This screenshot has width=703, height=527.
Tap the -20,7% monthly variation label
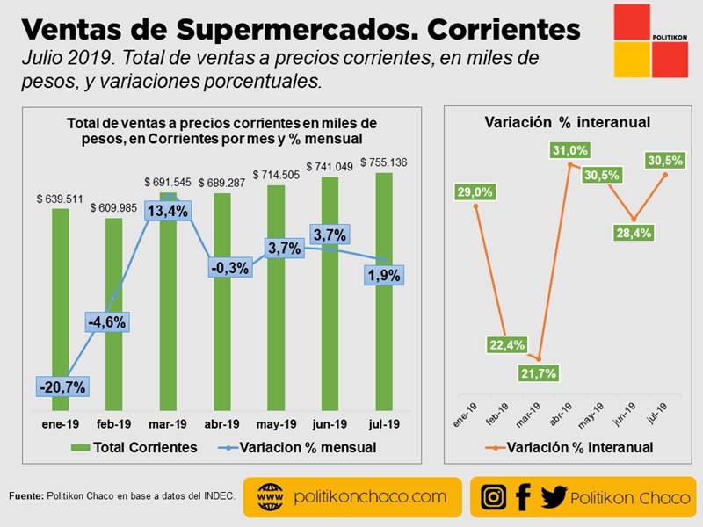click(61, 386)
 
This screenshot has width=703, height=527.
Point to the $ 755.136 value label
click(383, 163)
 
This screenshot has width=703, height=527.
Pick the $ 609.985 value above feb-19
click(114, 207)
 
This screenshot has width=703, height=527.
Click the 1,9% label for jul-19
click(382, 275)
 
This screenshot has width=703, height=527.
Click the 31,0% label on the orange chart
click(570, 150)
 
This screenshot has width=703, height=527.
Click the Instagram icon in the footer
click(495, 497)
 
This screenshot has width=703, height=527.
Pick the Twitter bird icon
click(554, 497)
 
